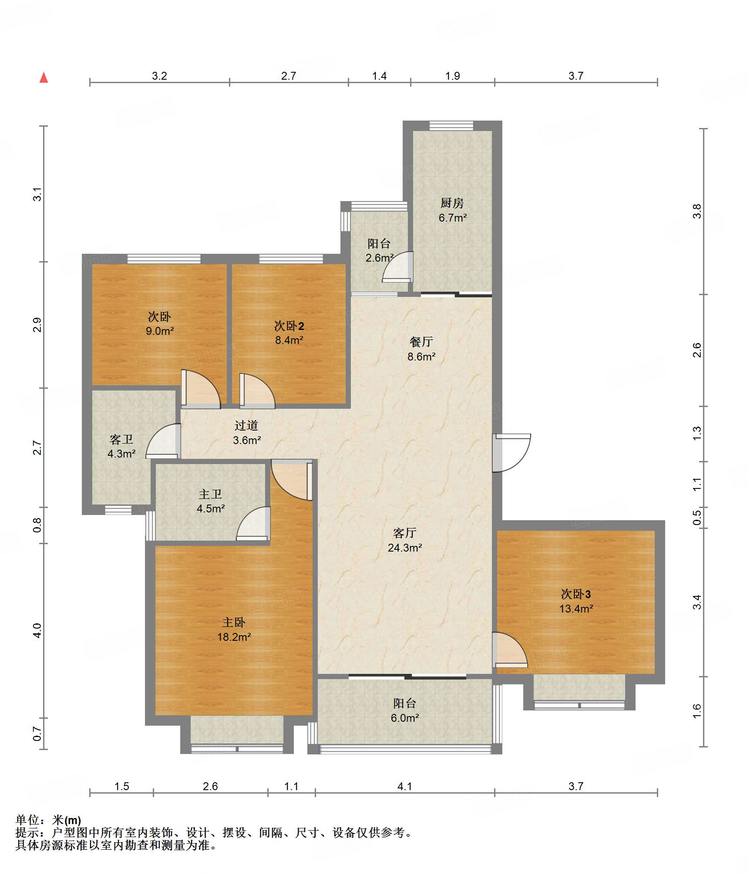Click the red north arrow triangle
[44, 77]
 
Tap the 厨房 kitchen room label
[452, 203]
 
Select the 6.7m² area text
[453, 218]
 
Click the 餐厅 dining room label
[421, 342]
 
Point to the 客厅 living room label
[404, 533]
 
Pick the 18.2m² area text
[234, 637]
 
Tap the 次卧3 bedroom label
[575, 594]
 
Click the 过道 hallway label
[246, 425]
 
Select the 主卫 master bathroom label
[210, 494]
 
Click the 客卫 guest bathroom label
[121, 439]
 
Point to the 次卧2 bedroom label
[289, 326]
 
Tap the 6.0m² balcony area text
[405, 718]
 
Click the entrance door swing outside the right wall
[511, 453]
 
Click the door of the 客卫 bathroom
[163, 441]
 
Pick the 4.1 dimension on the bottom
[405, 786]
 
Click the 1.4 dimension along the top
[379, 76]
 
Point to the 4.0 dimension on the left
[37, 631]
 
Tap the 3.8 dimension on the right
[697, 212]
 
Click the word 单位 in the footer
[27, 820]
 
